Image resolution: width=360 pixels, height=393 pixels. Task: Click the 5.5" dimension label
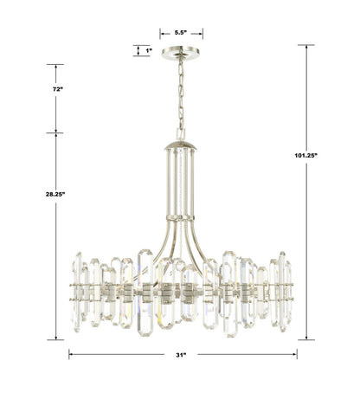(x=182, y=33)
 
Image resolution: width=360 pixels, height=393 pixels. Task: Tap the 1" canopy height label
(x=149, y=50)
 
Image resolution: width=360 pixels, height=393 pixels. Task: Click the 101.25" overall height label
(x=309, y=155)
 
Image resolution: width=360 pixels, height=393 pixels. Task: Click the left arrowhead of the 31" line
(x=72, y=354)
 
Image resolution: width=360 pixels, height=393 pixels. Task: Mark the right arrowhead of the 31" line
(x=295, y=354)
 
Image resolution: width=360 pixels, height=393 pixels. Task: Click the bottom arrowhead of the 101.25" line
(x=309, y=338)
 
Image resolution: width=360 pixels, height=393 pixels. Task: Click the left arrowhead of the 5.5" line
(x=162, y=33)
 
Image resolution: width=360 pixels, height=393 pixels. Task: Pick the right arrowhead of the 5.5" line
(x=202, y=33)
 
